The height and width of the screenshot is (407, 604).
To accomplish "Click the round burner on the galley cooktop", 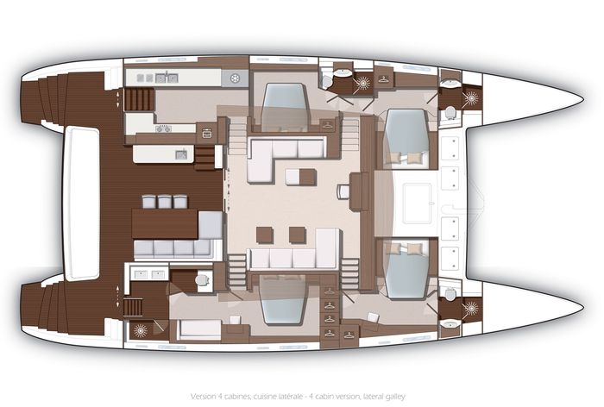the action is pyautogui.click(x=234, y=78).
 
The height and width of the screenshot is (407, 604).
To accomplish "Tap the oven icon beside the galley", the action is pyautogui.click(x=207, y=134).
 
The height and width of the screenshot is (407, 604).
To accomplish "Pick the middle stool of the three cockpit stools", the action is pyautogui.click(x=165, y=202).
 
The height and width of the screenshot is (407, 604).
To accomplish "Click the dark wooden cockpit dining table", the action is pyautogui.click(x=165, y=223).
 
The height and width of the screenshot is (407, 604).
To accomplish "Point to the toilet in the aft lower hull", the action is pyautogui.click(x=203, y=279).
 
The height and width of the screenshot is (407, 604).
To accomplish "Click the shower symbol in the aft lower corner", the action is pyautogui.click(x=140, y=330).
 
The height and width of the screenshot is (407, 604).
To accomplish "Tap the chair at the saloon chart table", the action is pyautogui.click(x=343, y=191).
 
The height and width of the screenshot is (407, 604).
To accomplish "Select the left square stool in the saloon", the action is pyautogui.click(x=265, y=235).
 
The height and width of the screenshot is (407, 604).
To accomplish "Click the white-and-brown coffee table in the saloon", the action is pyautogui.click(x=301, y=177).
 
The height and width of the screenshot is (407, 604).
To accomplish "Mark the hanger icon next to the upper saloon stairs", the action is pyautogui.click(x=327, y=125).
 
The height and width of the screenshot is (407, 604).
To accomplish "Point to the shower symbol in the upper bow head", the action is pyautogui.click(x=470, y=98).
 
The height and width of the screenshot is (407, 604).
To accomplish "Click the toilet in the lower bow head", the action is pyautogui.click(x=450, y=293).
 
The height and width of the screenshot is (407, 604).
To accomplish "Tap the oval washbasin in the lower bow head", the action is pyautogui.click(x=450, y=324).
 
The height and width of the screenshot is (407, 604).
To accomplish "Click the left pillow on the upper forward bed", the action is pyautogui.click(x=395, y=158).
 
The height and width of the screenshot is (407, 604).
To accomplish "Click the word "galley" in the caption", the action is pyautogui.click(x=395, y=396).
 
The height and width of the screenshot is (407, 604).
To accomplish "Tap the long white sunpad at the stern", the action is pyautogui.click(x=81, y=203).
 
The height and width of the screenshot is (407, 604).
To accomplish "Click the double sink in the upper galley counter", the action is pyautogui.click(x=166, y=78).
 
